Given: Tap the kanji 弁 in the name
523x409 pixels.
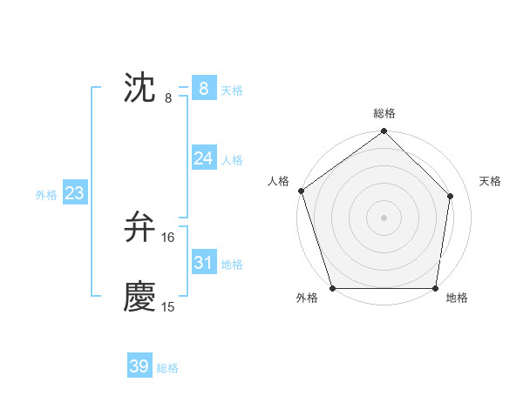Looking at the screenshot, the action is tap(139, 227).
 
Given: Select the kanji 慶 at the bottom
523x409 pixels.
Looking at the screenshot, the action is tap(139, 297).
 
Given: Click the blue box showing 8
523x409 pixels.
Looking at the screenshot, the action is tap(204, 88).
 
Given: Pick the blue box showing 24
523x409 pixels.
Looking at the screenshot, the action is tap(204, 158).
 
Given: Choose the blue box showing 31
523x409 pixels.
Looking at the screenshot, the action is tap(204, 262).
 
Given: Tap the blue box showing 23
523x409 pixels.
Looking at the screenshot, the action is tap(74, 193).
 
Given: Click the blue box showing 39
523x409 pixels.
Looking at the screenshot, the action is tap(139, 366).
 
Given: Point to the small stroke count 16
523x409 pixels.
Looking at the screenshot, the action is tap(168, 238).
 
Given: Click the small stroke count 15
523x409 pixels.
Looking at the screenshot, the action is tap(168, 307).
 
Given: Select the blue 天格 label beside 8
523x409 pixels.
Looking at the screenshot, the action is tap(232, 91).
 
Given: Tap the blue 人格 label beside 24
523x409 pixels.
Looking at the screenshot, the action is tap(232, 160).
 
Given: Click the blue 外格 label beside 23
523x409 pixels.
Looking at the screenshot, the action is tap(46, 196).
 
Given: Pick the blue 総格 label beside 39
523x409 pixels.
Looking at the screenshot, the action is tap(167, 369).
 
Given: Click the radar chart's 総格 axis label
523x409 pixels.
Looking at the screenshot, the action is tap(384, 113).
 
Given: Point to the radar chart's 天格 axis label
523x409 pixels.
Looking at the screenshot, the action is tap(491, 181).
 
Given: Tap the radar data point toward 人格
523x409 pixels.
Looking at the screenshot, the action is tap(301, 191).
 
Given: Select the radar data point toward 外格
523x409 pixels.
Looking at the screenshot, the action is tap(333, 288).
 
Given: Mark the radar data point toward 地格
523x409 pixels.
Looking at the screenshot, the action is tap(435, 288).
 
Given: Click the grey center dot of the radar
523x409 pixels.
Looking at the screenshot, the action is tap(384, 218).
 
